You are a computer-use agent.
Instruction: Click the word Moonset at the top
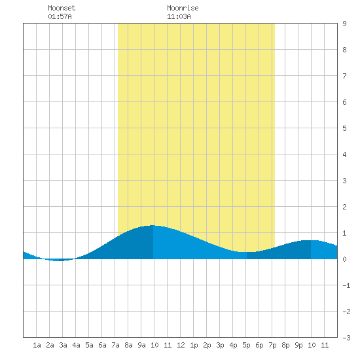pyautogui.click(x=62, y=8)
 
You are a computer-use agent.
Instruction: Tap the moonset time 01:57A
pyautogui.click(x=60, y=16)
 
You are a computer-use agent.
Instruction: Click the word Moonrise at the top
pyautogui.click(x=183, y=8)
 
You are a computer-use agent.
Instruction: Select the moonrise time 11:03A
pyautogui.click(x=179, y=16)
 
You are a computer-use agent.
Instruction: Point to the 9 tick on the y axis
pyautogui.click(x=344, y=24)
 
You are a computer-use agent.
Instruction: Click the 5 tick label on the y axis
pyautogui.click(x=344, y=128)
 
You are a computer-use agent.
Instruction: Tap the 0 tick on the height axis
pyautogui.click(x=344, y=259)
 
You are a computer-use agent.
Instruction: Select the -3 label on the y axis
pyautogui.click(x=346, y=338)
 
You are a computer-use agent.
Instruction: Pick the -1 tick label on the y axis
pyautogui.click(x=346, y=285)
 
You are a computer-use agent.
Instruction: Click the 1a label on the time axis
pyautogui.click(x=37, y=345)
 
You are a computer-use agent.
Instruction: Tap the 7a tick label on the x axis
pyautogui.click(x=115, y=345)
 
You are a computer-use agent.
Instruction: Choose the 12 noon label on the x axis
pyautogui.click(x=181, y=345)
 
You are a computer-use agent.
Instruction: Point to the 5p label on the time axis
pyautogui.click(x=246, y=345)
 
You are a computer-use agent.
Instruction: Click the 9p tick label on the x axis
pyautogui.click(x=298, y=345)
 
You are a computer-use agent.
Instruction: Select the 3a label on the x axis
pyautogui.click(x=63, y=345)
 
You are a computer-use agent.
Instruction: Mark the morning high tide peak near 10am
pyautogui.click(x=153, y=225)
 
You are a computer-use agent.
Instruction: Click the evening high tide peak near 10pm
pyautogui.click(x=311, y=240)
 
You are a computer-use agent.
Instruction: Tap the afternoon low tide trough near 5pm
pyautogui.click(x=247, y=252)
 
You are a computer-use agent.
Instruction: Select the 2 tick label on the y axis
pyautogui.click(x=344, y=207)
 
